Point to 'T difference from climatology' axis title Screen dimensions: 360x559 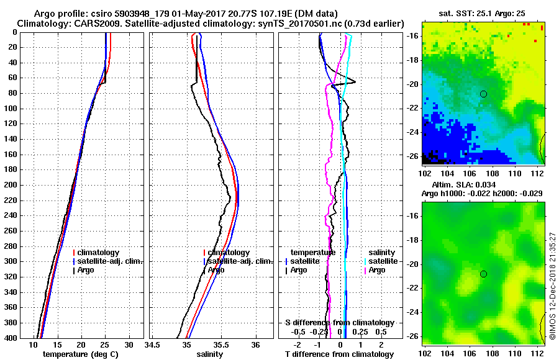click(339, 354)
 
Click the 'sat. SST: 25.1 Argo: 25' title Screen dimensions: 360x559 click(481, 14)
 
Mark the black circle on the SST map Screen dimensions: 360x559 click(483, 94)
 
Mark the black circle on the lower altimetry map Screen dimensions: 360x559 click(483, 274)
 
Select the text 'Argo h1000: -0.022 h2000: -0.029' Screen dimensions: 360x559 click(481, 193)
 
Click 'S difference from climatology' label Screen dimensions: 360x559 click(339, 323)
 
